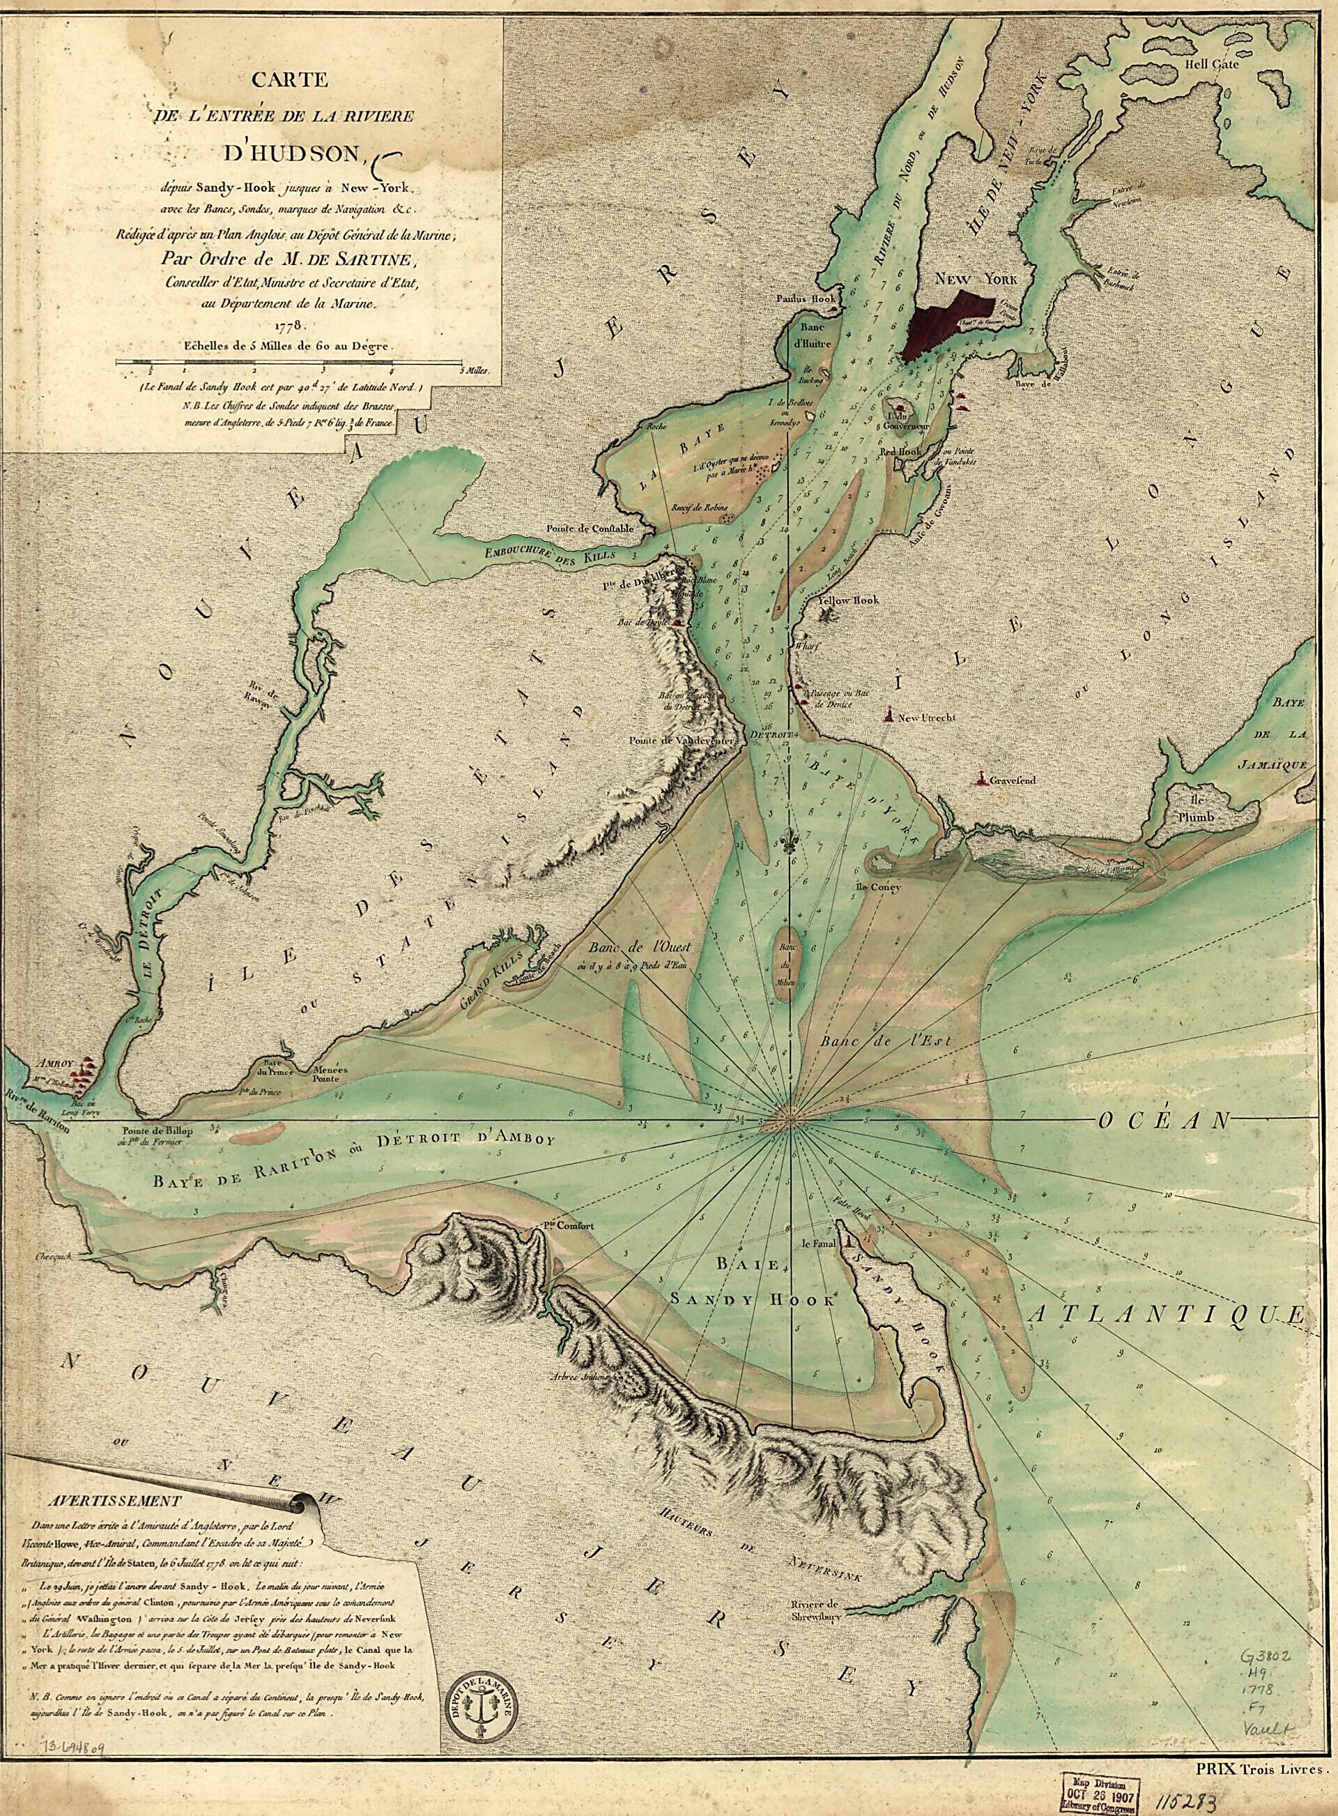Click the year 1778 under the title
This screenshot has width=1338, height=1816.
coord(289,325)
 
